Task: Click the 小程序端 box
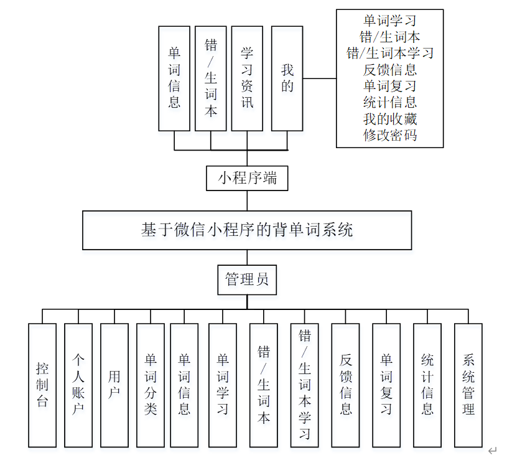247,178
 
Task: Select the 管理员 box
247,279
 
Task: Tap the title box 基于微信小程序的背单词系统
247,230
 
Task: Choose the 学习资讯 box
247,78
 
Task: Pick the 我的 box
287,78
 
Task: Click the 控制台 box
42,385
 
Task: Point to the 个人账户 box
78,385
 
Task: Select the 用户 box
114,385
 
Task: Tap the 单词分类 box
151,385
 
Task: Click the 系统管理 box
468,385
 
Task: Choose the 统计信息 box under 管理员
427,385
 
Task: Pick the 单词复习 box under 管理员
386,385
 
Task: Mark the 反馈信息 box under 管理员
345,385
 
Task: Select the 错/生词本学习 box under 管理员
305,385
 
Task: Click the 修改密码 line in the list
390,135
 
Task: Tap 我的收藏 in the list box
390,119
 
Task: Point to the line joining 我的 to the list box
319,78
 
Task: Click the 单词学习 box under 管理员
223,385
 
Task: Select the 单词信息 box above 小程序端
174,78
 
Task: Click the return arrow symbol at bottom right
493,450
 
